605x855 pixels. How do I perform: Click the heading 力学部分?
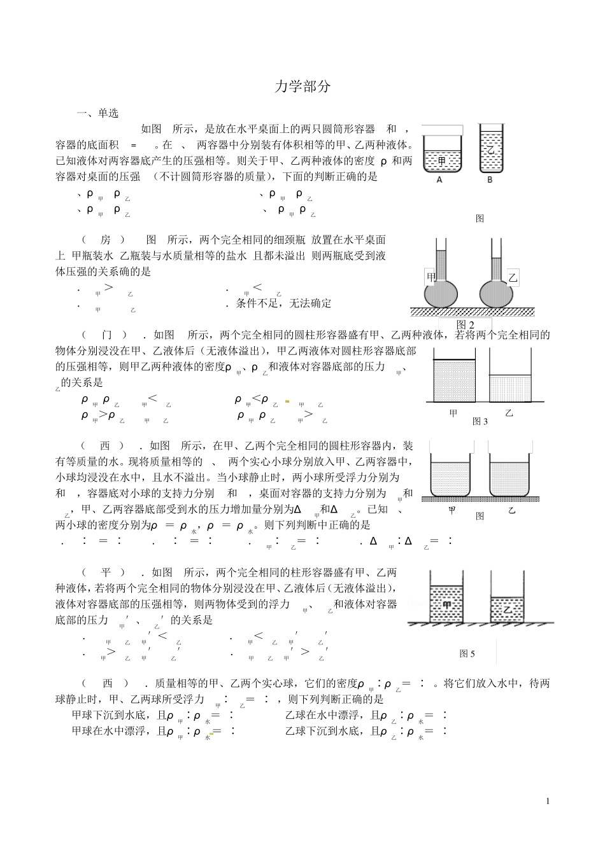(302, 87)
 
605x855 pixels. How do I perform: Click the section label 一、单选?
(97, 114)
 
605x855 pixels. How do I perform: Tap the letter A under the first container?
(439, 180)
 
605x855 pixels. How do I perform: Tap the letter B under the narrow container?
(490, 180)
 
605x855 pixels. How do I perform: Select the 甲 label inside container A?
(442, 161)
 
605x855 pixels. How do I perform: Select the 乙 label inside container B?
(490, 151)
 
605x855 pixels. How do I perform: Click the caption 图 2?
(466, 325)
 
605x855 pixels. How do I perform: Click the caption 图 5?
(467, 653)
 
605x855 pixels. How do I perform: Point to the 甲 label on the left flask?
(432, 277)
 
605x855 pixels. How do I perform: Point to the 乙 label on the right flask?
(513, 278)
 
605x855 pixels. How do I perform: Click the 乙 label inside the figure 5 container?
(508, 609)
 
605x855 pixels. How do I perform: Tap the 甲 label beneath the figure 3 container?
(453, 414)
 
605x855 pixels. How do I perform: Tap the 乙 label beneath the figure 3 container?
(509, 414)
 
